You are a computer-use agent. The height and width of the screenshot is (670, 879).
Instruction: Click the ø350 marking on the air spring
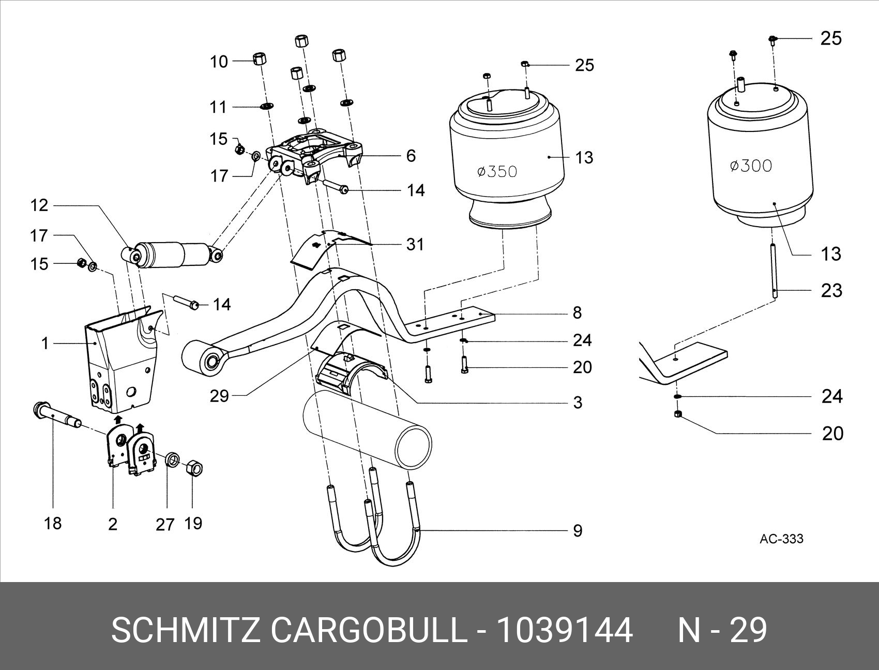coord(497,171)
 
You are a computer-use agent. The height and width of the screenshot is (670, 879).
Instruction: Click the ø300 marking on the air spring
coord(751,166)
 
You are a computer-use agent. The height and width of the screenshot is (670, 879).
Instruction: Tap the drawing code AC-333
coord(781,539)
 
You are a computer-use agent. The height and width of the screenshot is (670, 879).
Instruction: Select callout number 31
coord(415,244)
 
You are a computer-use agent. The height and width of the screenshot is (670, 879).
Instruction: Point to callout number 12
coord(39,205)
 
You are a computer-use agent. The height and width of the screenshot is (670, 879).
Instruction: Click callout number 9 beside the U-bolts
coord(578,531)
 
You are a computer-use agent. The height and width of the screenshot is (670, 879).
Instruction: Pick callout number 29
coord(219,396)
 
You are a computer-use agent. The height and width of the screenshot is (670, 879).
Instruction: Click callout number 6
coord(411,156)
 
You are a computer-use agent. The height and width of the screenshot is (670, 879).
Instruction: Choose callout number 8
coord(578,312)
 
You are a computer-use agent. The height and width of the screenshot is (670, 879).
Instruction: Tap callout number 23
coord(831,290)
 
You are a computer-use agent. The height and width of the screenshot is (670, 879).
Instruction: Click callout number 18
coord(53,523)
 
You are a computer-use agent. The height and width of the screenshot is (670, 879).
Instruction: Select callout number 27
coord(165,525)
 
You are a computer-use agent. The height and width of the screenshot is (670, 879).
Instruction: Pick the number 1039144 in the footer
coord(564,630)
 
